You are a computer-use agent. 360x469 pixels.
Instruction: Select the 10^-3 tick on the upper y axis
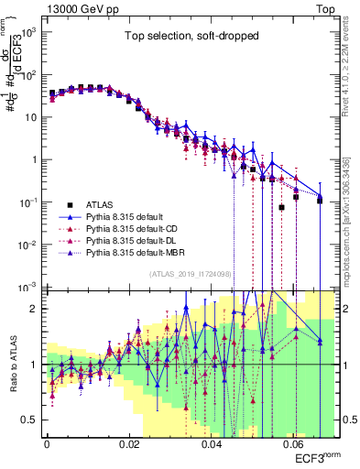(x=30, y=287)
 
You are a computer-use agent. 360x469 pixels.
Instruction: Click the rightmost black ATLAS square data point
(x=320, y=200)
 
